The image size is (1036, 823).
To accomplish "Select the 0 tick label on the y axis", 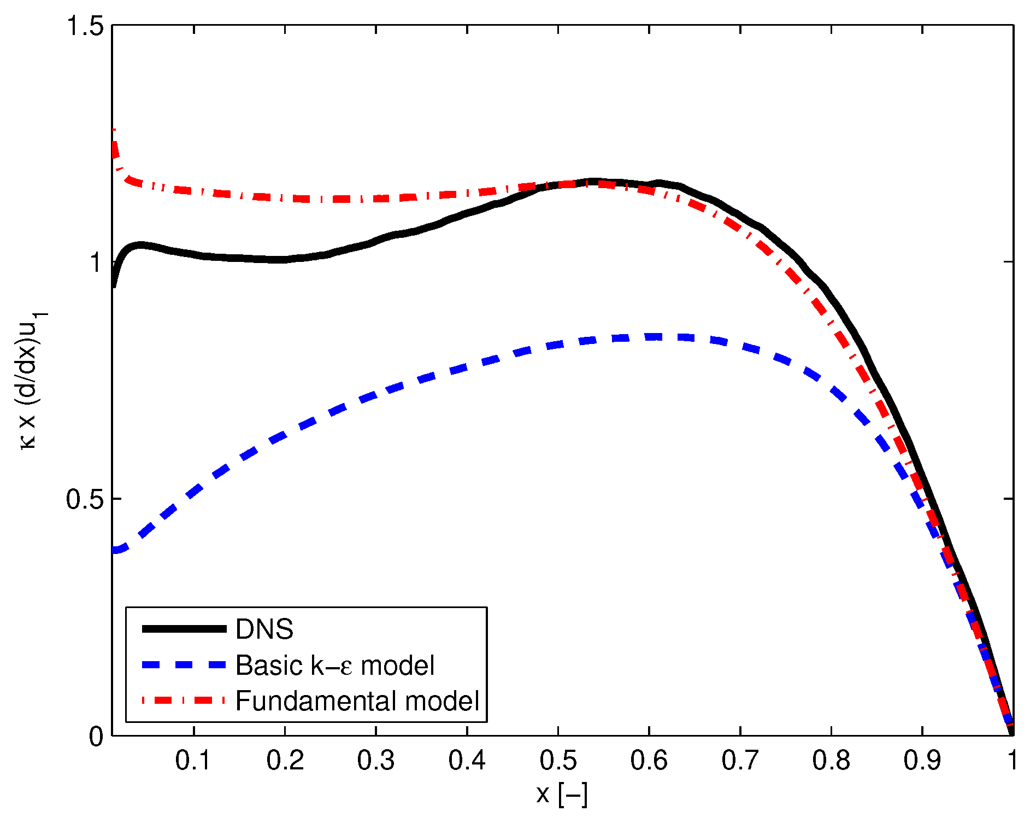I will (x=96, y=737).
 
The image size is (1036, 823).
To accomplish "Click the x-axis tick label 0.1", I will (x=193, y=761).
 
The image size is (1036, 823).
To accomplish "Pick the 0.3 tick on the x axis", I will (x=376, y=761).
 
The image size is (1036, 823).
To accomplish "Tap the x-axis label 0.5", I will (x=558, y=761).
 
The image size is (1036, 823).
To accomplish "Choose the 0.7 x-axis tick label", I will (x=740, y=761).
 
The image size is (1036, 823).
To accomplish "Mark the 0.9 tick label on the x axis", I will (x=922, y=761).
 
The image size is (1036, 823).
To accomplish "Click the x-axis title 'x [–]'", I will (x=562, y=795).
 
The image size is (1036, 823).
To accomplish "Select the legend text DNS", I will (x=264, y=629).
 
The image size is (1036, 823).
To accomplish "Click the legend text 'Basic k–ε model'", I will (x=335, y=666).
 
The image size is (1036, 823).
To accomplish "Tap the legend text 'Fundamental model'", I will (x=357, y=701).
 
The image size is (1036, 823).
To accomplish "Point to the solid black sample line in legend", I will (x=184, y=629).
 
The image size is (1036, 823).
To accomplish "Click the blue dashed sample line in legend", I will (x=184, y=665).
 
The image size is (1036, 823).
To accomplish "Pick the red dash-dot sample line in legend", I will (x=184, y=701).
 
